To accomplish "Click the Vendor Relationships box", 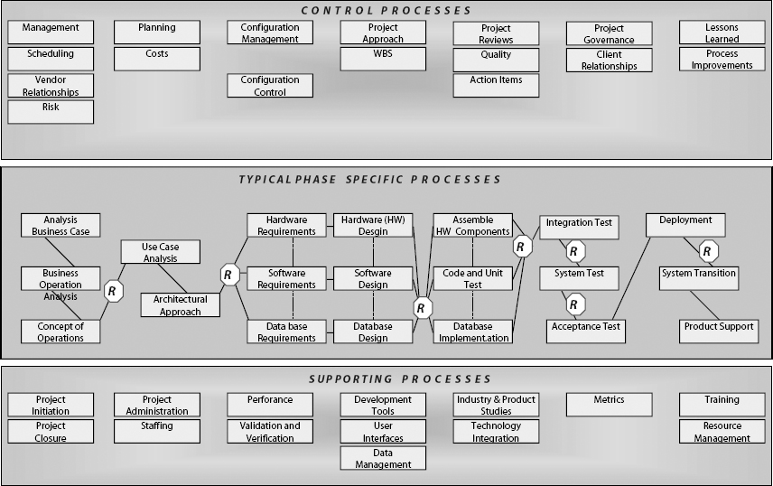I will point(51,86).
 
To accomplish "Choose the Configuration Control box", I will point(270,86).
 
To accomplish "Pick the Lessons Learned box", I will point(722,33).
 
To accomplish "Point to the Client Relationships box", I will point(609,60).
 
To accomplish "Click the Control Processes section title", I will point(386,11).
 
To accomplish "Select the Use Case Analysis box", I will point(161,251).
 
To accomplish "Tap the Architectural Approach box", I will point(180,305).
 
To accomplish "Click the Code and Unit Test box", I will point(473,278).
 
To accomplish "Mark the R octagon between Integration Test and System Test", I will point(573,250).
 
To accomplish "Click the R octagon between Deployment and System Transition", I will point(709,250).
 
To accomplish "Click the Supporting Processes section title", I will point(386,379).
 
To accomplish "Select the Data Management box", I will point(383,458).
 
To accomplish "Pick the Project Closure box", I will point(51,432).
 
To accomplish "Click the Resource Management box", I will point(722,432).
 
